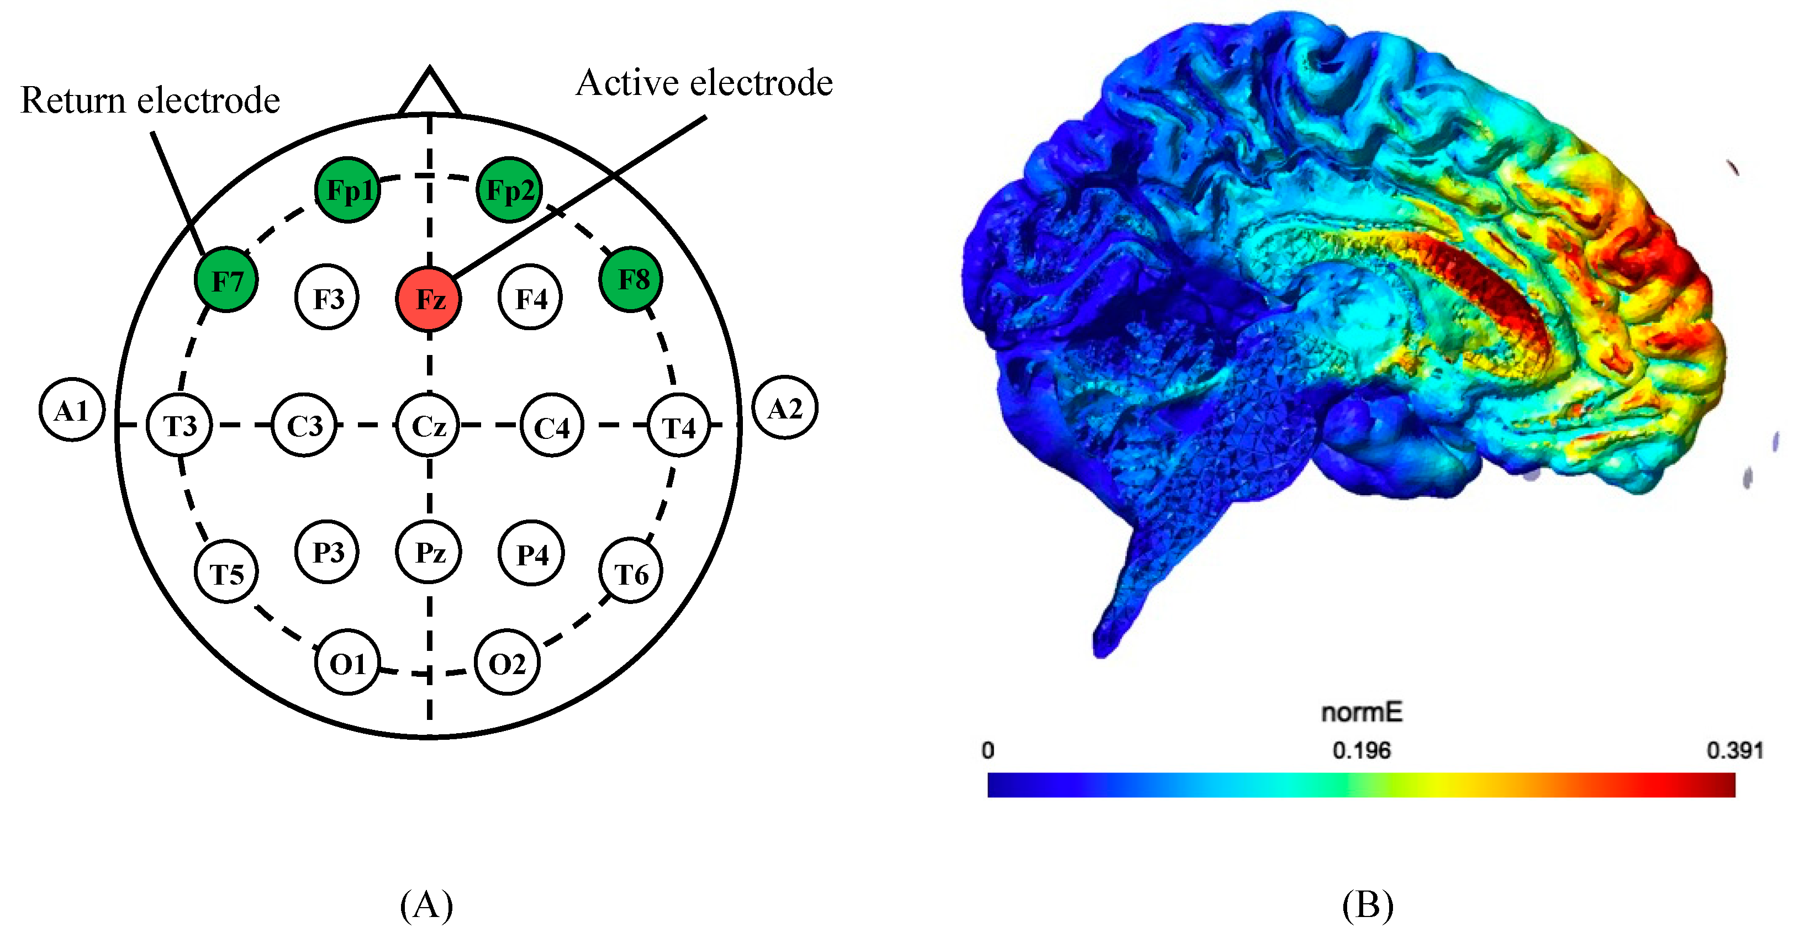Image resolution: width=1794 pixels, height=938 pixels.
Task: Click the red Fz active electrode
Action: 428,299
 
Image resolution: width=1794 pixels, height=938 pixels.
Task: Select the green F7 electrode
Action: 226,280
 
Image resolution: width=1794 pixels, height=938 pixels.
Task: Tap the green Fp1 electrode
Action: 347,189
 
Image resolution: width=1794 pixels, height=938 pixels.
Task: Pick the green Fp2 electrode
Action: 509,189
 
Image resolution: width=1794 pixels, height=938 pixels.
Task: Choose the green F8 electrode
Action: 631,279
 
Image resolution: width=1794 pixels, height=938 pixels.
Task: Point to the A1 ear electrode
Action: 72,410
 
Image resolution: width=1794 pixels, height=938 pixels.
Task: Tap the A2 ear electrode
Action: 785,408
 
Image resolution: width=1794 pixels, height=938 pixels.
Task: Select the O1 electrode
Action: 347,663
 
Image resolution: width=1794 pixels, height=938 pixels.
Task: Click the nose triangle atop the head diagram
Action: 429,94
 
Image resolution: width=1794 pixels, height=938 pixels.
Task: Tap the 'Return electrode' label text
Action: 150,100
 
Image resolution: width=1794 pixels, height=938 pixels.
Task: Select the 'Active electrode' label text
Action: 704,83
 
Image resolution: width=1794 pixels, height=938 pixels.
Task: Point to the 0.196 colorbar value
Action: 1361,750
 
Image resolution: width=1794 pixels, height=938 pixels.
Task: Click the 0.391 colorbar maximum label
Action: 1734,750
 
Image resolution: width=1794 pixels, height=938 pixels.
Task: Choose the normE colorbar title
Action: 1362,712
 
